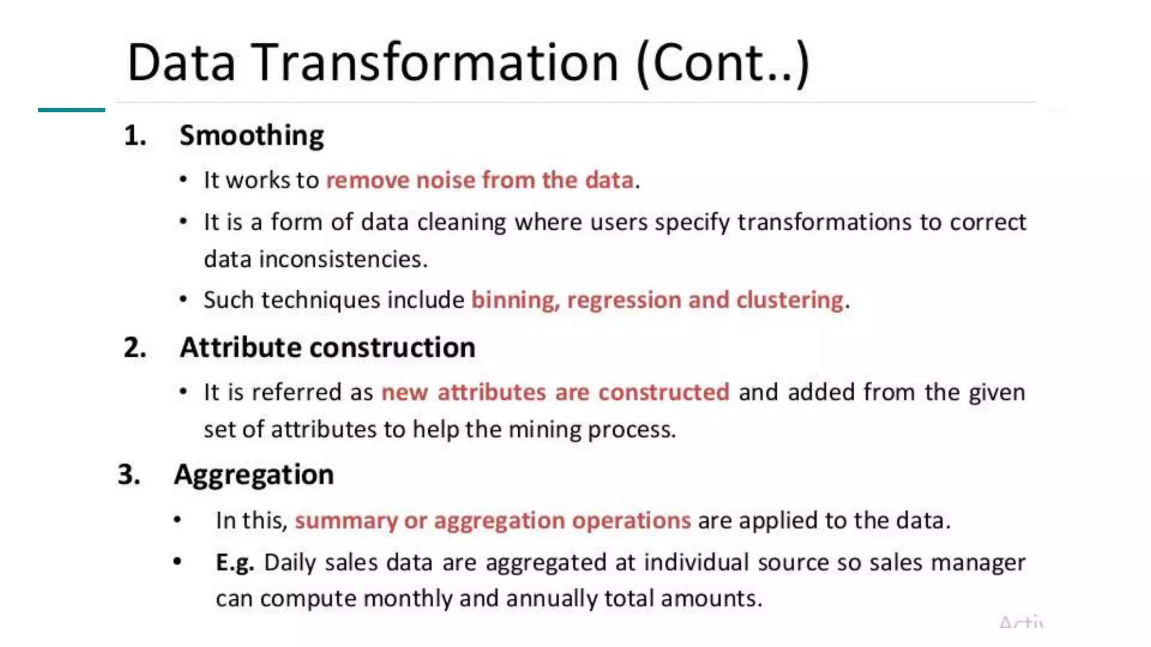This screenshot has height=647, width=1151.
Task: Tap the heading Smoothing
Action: pos(251,136)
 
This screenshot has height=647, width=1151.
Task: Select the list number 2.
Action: pos(135,348)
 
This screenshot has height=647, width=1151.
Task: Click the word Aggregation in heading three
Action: pos(254,475)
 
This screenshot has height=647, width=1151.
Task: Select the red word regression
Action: pos(624,300)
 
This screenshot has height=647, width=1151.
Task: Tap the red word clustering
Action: pos(790,300)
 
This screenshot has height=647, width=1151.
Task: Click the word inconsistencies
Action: pos(343,259)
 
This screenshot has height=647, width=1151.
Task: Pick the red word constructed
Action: pos(664,392)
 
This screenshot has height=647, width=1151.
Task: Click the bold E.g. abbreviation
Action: pos(235,563)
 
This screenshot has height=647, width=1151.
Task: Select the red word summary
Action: pos(346,521)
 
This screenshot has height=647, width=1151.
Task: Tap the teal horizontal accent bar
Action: pos(71,110)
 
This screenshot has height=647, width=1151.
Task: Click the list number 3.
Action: pos(129,475)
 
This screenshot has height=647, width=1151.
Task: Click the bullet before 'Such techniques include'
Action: pos(183,300)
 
